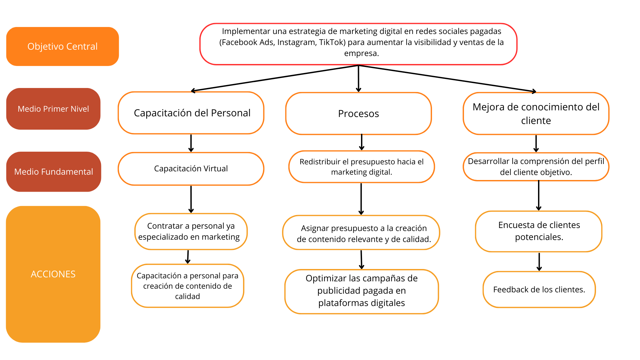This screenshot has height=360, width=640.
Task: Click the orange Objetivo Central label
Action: coord(62,46)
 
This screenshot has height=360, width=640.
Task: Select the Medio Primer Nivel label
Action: coord(53,109)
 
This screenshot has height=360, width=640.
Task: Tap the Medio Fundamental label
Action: coord(53,172)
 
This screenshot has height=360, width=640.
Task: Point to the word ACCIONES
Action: coord(53,274)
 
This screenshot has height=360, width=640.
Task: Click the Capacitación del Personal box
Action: coord(191,113)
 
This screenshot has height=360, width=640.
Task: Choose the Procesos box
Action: coord(358,114)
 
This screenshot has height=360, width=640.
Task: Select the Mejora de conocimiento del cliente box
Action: coord(536,114)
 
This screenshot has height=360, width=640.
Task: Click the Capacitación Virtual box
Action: coord(191,169)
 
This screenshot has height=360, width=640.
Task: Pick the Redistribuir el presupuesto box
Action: coord(361,167)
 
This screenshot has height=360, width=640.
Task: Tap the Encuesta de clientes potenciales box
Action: coord(539,231)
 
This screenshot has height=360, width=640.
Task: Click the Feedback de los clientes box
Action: coord(539,289)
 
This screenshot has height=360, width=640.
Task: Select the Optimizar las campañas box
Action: coord(361,291)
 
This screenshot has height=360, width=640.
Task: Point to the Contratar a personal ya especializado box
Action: coord(191,231)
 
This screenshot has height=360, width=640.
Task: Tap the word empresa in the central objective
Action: coord(361,53)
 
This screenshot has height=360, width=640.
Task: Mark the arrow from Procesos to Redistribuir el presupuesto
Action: coord(362,143)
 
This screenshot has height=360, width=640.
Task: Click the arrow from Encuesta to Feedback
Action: coord(539,262)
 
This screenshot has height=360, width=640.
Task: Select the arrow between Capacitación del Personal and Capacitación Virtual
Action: coord(191,143)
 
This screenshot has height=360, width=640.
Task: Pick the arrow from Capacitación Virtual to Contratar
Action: coord(191,199)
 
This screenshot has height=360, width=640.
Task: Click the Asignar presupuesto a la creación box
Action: coord(361,233)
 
